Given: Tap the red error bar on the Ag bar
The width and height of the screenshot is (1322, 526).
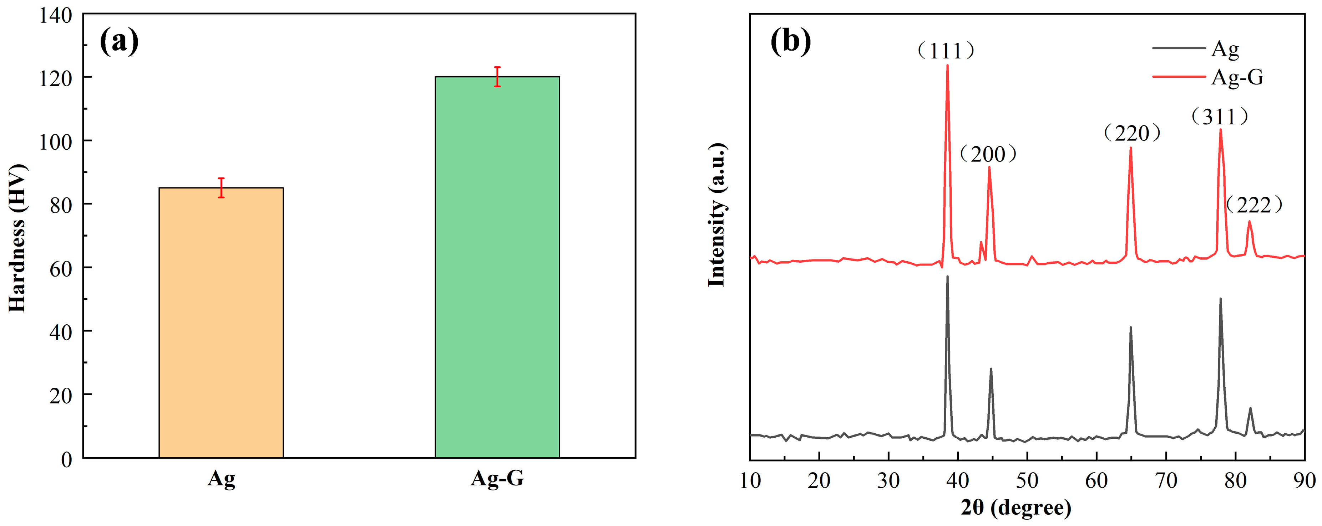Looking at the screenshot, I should coord(221,188).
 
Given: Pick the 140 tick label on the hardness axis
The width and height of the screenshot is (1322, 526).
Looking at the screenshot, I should coord(55,15).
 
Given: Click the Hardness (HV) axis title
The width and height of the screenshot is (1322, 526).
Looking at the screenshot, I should coord(17,238).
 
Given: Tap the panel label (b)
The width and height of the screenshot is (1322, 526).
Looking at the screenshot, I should coord(790,41).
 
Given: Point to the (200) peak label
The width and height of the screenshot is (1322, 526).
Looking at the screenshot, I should coord(988,154).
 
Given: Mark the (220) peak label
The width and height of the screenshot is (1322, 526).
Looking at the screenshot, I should coord(1131,133).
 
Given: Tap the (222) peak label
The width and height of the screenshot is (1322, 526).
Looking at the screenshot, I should coord(1254,205).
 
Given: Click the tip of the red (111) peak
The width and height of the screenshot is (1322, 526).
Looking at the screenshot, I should coord(947,65).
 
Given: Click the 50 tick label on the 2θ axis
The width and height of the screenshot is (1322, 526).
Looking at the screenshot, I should coord(1027,481).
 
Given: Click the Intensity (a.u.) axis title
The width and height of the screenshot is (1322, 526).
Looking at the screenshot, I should coord(716,215).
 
